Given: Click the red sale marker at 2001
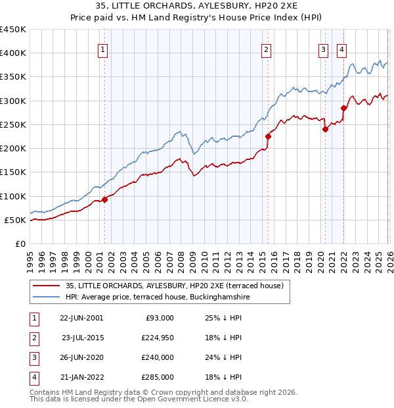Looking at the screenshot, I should point(104,199).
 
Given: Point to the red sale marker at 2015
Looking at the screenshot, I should point(268,137).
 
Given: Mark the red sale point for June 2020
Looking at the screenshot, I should point(325,130).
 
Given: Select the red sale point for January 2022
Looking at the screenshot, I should point(343,108).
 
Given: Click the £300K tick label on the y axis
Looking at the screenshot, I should point(13,101).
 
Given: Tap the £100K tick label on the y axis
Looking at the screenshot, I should point(13,196).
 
